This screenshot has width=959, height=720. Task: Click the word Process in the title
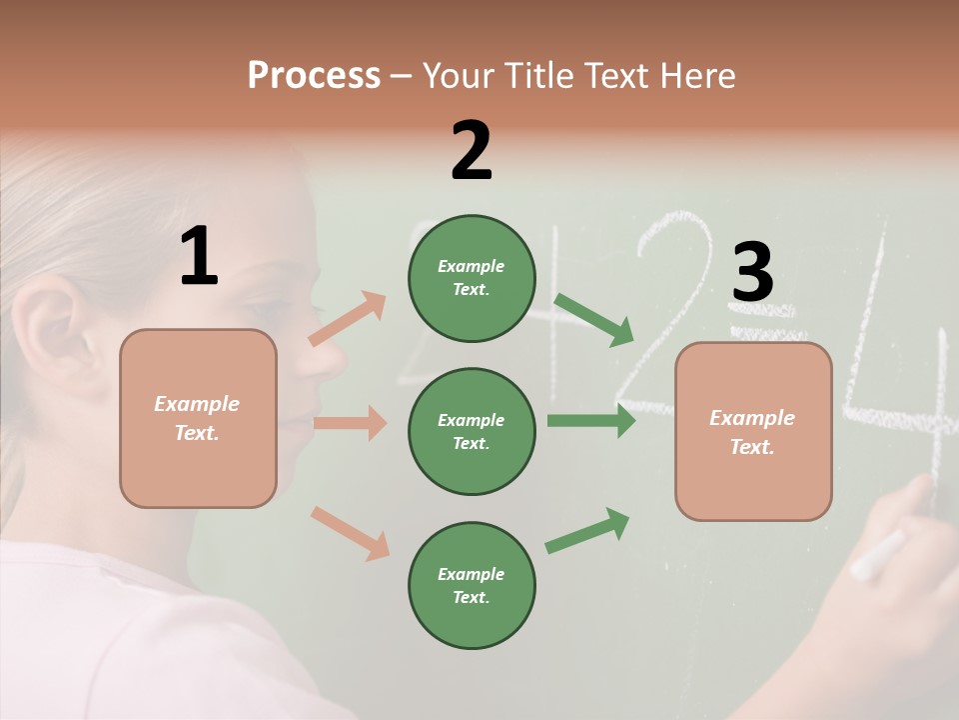(x=314, y=76)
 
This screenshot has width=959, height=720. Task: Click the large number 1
(x=199, y=257)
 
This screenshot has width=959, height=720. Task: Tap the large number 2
(x=472, y=151)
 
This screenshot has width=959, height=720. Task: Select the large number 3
(x=752, y=272)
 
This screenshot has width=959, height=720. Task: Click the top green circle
(x=472, y=278)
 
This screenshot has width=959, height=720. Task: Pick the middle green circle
(x=472, y=432)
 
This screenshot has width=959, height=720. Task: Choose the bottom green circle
(x=472, y=586)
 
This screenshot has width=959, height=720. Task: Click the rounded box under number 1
(x=198, y=418)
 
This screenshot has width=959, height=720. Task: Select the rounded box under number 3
(x=753, y=432)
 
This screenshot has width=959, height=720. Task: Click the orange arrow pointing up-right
(x=348, y=318)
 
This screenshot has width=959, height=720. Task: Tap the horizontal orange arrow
(x=350, y=423)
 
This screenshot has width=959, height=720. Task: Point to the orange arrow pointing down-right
(x=351, y=533)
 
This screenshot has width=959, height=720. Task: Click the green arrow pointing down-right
(x=594, y=320)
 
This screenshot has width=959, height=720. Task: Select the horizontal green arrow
(x=591, y=420)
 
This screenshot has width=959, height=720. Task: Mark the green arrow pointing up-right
(x=588, y=530)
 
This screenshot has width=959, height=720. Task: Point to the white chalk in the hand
(x=877, y=556)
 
